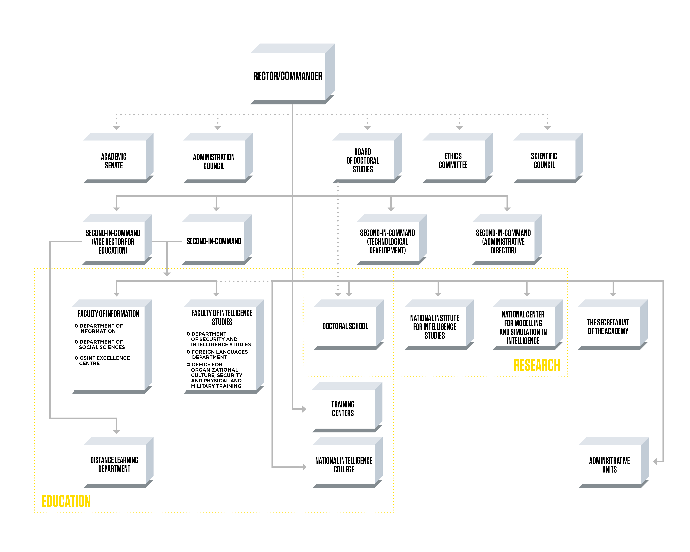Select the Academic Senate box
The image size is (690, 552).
[x=114, y=161]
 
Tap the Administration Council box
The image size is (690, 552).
[x=214, y=161]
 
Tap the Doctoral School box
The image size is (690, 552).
[x=345, y=326]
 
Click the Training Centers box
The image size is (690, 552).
[x=343, y=409]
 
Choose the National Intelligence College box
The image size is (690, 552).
[x=344, y=465]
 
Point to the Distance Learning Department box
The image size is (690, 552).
[x=114, y=464]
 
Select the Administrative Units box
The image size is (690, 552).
[x=609, y=465]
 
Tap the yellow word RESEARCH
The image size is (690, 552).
[x=537, y=365]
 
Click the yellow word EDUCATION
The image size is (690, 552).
[x=66, y=501]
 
